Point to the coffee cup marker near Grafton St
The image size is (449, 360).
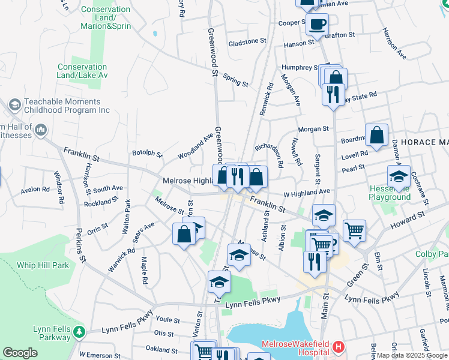click(317, 25)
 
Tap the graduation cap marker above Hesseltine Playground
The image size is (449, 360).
click(399, 176)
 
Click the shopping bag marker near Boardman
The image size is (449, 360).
click(376, 136)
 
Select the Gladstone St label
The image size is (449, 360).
click(247, 41)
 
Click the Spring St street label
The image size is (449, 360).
click(235, 80)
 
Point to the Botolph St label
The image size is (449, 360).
click(147, 154)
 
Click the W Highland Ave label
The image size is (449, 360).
click(307, 192)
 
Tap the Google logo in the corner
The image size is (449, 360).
click(20, 353)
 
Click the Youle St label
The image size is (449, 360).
click(167, 320)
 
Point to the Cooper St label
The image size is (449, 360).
click(293, 23)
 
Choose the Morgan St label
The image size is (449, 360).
click(313, 128)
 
